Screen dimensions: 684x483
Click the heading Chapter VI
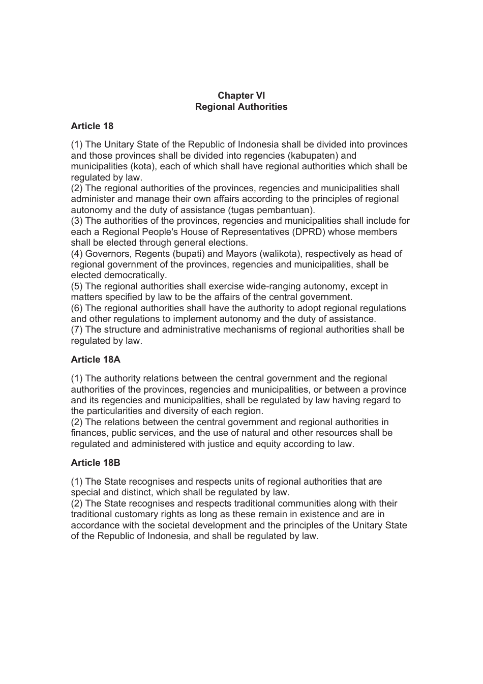click(x=241, y=96)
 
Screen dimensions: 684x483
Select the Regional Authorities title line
click(x=241, y=107)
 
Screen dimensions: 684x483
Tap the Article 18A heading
click(x=96, y=360)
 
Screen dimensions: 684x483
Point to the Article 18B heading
click(x=96, y=463)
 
